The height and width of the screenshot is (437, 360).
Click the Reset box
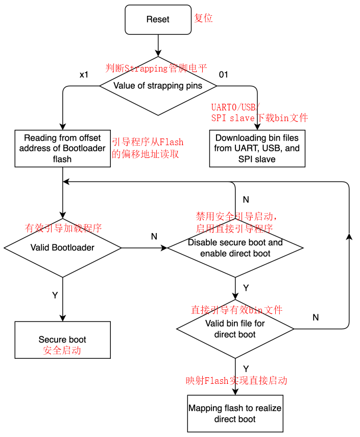click(158, 19)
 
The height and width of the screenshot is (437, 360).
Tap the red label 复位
click(203, 18)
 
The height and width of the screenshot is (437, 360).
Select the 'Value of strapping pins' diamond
click(158, 85)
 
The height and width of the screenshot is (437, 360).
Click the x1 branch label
click(84, 75)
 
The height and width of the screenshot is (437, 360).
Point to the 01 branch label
click(224, 75)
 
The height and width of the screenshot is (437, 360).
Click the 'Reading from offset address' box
click(62, 148)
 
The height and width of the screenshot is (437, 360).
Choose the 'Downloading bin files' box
click(257, 148)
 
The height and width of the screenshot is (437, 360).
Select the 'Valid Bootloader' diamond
click(62, 248)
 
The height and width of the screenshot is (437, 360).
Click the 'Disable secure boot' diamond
click(235, 248)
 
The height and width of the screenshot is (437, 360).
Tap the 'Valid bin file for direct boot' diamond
click(235, 329)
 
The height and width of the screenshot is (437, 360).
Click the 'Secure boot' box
click(62, 339)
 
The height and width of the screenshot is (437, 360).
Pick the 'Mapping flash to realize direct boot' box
click(235, 413)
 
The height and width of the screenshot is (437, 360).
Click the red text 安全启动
click(62, 351)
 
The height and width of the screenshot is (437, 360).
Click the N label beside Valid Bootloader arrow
click(154, 236)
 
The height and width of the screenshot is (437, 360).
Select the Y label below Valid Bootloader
click(55, 295)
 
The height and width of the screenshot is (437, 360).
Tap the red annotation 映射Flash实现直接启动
click(236, 380)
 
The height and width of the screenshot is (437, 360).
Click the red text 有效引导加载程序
click(63, 228)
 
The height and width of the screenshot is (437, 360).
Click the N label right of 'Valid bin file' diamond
click(316, 317)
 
